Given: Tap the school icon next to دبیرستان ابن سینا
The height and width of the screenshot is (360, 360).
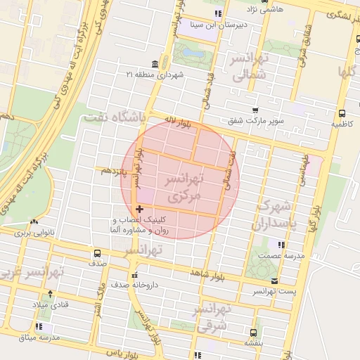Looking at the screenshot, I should point(217,13).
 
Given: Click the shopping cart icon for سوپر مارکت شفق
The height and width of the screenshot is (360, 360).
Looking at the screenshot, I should point(255,110).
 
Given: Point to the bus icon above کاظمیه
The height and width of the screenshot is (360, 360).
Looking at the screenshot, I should point(342,113).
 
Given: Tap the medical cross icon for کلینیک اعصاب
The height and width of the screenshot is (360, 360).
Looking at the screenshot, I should point(139,209).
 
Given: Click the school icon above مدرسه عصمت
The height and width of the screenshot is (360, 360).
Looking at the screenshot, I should point(281,245).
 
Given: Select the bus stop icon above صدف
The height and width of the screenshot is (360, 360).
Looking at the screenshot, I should point(97,252).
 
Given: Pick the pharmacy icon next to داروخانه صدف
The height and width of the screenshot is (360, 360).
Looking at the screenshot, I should point(134,275).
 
